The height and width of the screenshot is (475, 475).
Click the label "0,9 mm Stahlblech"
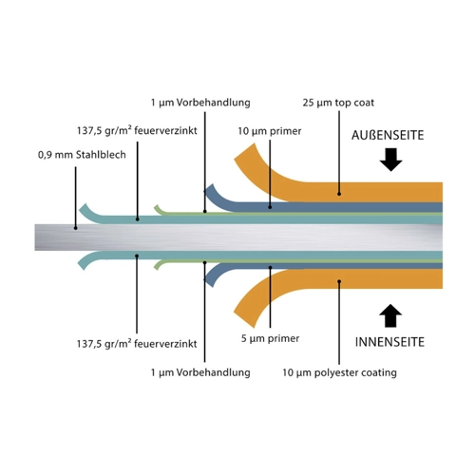pos(82,155)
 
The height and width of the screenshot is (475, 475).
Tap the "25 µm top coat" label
pos(338,103)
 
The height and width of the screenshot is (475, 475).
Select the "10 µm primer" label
pos(270,131)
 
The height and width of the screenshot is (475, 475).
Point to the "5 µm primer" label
pos(270,338)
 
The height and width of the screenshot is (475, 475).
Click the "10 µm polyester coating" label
pos(339,372)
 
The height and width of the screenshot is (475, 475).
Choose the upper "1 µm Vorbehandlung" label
pos(200,103)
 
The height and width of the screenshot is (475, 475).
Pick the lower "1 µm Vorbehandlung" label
pos(200,372)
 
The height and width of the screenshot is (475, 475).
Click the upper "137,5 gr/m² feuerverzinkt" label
pos(137,130)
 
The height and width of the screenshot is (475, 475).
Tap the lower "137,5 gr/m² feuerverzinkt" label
pos(137,343)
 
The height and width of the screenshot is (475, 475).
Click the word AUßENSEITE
pos(388,136)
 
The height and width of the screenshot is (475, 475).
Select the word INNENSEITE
pos(389,342)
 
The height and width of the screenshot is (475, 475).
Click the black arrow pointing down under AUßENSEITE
pos(391,160)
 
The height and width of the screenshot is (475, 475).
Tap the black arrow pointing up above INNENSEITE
pos(390,315)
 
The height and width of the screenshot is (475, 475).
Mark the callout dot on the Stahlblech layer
pos(75,228)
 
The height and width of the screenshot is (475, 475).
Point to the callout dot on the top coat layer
pos(339,194)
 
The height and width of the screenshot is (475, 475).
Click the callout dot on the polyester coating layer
pos(339,281)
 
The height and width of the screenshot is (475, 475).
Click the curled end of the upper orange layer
pos(244,151)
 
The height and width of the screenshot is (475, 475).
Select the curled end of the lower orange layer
pos(244,319)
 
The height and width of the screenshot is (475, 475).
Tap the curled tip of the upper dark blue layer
pos(208,188)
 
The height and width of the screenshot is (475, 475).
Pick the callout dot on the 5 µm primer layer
pos(270,268)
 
